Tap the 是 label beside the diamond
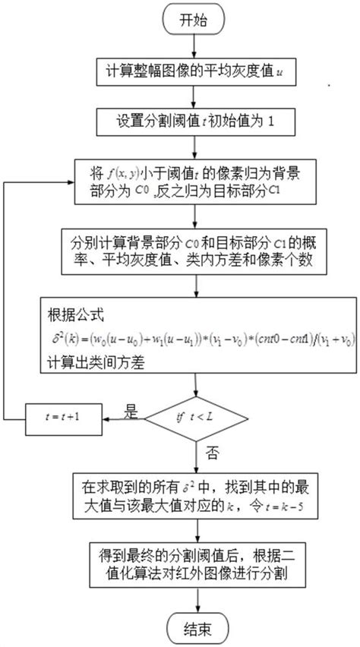point(130,411)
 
